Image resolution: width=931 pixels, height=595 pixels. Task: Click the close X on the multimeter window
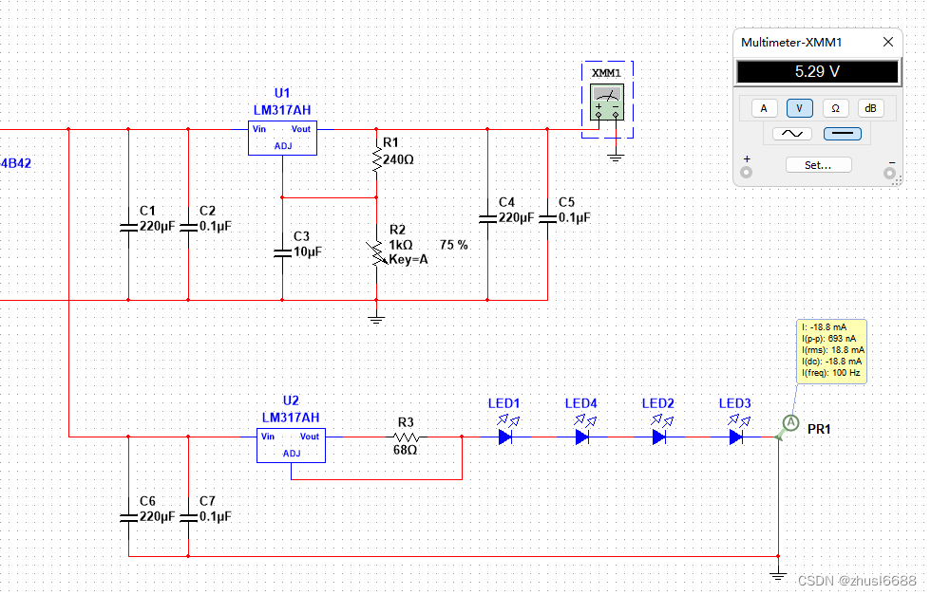coord(887,42)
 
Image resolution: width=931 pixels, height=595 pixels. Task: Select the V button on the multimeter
coord(799,108)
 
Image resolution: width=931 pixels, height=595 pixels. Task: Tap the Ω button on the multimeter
coord(835,108)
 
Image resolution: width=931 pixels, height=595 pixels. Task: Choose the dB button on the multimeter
coord(870,108)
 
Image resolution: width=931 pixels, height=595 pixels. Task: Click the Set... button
coord(818,165)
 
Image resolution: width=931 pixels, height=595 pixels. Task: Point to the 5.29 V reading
coord(817,72)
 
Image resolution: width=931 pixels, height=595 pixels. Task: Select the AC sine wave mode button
coord(792,134)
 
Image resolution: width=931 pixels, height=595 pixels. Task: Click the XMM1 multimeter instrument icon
coord(607,102)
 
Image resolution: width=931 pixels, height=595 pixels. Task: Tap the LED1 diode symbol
coord(505,437)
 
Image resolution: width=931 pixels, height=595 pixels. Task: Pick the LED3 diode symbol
coord(735,437)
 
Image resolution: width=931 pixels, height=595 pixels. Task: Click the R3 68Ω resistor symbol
coord(407,437)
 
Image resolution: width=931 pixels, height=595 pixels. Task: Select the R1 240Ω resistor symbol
coord(376,159)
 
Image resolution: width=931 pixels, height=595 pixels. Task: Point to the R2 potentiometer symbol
coord(376,253)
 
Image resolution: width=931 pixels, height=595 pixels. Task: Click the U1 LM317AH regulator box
coord(283,139)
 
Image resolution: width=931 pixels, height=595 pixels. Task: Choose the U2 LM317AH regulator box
coord(291,445)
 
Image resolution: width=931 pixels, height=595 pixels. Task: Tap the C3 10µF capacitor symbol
coord(283,253)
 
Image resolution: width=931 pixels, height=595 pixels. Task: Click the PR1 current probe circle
coord(790,423)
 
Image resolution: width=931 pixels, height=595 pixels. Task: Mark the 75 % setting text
coord(454,245)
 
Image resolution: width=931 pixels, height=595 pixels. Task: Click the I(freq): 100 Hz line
coord(830,373)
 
